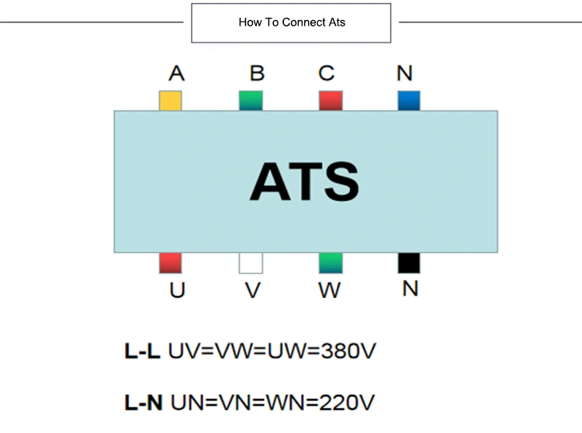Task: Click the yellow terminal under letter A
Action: [171, 101]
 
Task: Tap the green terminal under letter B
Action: [251, 101]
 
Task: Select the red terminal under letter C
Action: [331, 101]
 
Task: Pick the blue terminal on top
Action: [409, 101]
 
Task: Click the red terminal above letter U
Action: [171, 263]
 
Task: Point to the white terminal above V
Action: [251, 263]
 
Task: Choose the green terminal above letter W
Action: [331, 263]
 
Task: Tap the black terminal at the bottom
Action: [409, 263]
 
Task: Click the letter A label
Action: [177, 73]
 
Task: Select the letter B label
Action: [257, 73]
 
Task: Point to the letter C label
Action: [326, 73]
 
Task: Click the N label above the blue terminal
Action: [404, 73]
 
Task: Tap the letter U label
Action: [177, 290]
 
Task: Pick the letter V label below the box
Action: [253, 290]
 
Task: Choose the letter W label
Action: [330, 290]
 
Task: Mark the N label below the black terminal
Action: [411, 289]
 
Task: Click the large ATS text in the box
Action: [304, 182]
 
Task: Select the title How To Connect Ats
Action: [292, 23]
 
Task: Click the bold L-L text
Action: [142, 351]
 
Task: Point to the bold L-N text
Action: [144, 403]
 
